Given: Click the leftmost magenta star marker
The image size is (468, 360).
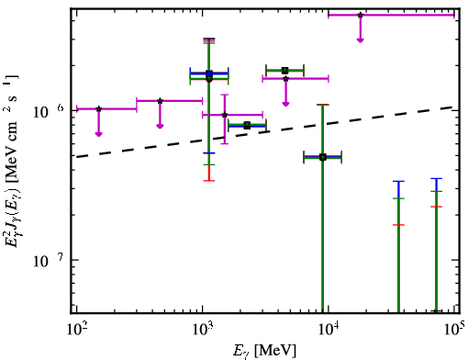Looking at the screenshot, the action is [x=98, y=108].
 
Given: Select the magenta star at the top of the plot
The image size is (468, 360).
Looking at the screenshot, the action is [x=361, y=15].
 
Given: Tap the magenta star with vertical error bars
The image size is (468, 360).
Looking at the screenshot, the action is [x=225, y=115].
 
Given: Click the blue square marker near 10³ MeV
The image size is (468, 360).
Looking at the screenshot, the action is [x=209, y=73].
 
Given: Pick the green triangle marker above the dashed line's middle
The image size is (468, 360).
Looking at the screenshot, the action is [x=284, y=71].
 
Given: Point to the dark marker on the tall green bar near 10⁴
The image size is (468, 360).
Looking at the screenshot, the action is [x=323, y=157].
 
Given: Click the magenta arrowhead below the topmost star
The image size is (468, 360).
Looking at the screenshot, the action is [x=361, y=39].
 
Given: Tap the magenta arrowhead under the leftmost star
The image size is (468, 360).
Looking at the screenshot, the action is [x=98, y=134].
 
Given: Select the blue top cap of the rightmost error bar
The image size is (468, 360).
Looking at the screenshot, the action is [x=437, y=178].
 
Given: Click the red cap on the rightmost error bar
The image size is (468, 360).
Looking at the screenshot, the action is [x=437, y=207].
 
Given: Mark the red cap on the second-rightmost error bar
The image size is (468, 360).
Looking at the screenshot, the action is [x=398, y=225].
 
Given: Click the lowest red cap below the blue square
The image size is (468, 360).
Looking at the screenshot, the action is [x=209, y=181].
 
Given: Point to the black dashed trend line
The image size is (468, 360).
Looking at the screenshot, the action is [x=264, y=132].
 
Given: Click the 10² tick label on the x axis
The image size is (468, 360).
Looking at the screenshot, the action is [x=76, y=330].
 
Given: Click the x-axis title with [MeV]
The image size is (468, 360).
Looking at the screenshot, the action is [x=264, y=350].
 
